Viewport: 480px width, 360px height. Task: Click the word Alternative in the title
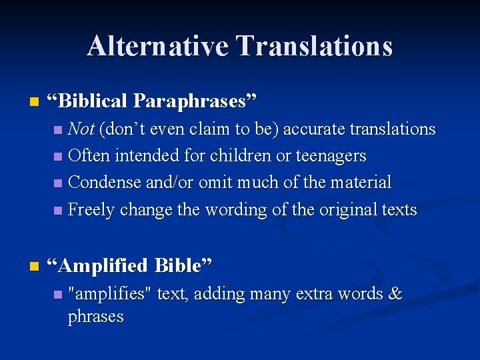[x=158, y=46]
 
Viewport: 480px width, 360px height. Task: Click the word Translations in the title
[x=315, y=46]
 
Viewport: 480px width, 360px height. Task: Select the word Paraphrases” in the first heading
[x=195, y=101]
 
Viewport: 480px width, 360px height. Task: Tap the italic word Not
[x=81, y=129]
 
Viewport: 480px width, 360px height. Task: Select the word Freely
[x=88, y=210]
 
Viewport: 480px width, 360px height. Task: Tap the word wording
[x=233, y=210]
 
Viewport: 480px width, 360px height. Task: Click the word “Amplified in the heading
[x=102, y=265]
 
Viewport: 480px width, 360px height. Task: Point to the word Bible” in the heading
[x=183, y=265]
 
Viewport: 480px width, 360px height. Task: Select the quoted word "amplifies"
[x=110, y=294]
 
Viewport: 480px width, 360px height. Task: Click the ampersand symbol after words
[x=395, y=294]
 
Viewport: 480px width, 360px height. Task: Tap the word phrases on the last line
[x=95, y=316]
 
